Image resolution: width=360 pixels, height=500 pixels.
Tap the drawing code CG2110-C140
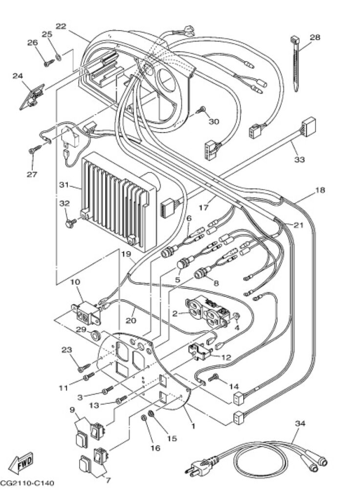pos(27,483)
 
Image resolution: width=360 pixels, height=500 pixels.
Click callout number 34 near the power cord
pos(300,424)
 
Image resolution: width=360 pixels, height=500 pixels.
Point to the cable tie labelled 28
pos(296,64)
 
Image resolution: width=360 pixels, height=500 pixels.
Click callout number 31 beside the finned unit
pos(64,185)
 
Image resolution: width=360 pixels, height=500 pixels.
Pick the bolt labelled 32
pos(71,222)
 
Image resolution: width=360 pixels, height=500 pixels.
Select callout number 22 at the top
pos(61,26)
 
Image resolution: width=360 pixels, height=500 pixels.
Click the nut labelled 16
pos(144,417)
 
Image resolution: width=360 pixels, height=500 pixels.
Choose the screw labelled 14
pos(213,378)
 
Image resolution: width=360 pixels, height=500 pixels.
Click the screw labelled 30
pos(201,110)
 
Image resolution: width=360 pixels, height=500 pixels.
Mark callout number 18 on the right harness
pos(320,190)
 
